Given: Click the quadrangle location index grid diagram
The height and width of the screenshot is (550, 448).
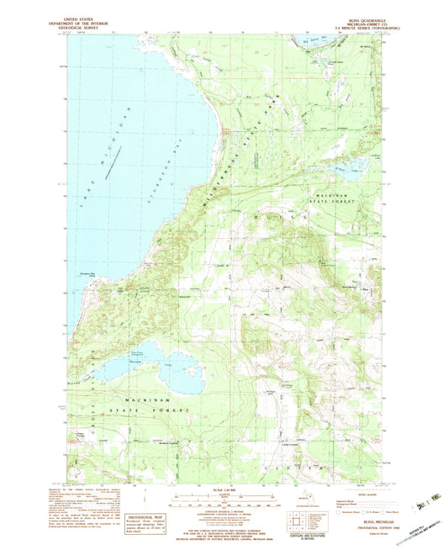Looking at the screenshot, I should tap(297, 520).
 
